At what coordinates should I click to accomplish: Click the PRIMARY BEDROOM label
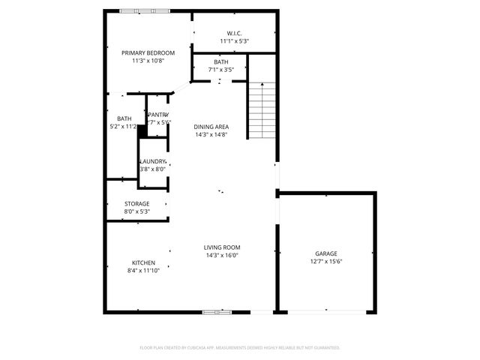coord(148,52)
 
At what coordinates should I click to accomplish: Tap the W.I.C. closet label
coord(234,33)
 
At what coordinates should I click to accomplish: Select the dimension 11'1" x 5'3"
coord(234,41)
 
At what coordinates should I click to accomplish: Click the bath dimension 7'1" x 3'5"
coord(221,70)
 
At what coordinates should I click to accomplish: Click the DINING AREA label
coord(211,127)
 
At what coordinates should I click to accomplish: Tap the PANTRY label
coord(158,114)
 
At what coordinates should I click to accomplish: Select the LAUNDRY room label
coord(153,162)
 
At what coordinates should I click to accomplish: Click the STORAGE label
coord(136,203)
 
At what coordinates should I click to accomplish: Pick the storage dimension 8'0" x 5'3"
coord(136,211)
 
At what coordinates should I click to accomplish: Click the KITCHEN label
coord(143,262)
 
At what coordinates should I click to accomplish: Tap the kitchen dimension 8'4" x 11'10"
coord(143,270)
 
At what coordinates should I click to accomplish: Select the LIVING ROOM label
coord(222,247)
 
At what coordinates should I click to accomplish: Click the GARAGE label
coord(325,253)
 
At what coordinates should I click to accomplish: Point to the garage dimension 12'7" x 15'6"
coord(325,262)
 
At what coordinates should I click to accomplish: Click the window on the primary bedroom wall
coord(140,10)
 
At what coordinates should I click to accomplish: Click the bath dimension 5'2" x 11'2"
coord(124,127)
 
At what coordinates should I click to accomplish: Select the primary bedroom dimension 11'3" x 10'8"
coord(148,61)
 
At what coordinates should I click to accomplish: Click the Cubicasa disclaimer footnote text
coord(240,347)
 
